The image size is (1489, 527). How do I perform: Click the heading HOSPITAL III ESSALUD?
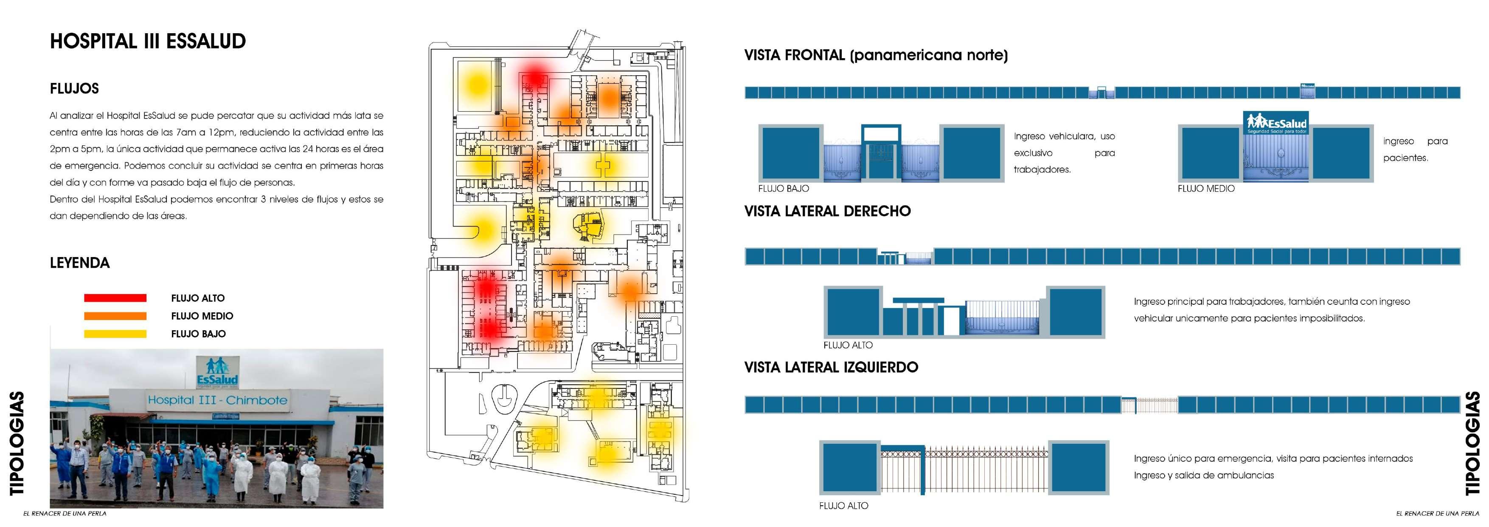pyautogui.click(x=148, y=41)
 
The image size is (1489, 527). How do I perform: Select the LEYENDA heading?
pyautogui.click(x=80, y=263)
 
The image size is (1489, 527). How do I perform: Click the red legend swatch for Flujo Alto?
pyautogui.click(x=115, y=298)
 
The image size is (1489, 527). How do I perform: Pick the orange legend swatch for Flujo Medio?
pyautogui.click(x=115, y=316)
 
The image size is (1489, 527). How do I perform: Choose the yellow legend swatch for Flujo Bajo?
pyautogui.click(x=115, y=334)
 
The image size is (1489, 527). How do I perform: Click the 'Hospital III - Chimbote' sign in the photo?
pyautogui.click(x=217, y=400)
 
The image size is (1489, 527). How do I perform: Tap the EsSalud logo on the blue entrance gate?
pyautogui.click(x=1275, y=123)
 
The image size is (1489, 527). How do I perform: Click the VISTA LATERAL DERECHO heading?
pyautogui.click(x=827, y=211)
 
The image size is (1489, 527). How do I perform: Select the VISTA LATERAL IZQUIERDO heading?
pyautogui.click(x=831, y=367)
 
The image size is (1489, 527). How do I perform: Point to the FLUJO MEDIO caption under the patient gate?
pyautogui.click(x=1206, y=189)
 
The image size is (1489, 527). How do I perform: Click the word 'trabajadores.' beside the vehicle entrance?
pyautogui.click(x=1042, y=170)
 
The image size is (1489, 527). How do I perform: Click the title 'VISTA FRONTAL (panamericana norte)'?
pyautogui.click(x=876, y=56)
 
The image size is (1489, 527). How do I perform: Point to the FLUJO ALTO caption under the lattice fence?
pyautogui.click(x=843, y=506)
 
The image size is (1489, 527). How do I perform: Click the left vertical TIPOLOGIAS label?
pyautogui.click(x=17, y=443)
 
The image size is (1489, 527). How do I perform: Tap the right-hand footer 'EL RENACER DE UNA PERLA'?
pyautogui.click(x=1437, y=513)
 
